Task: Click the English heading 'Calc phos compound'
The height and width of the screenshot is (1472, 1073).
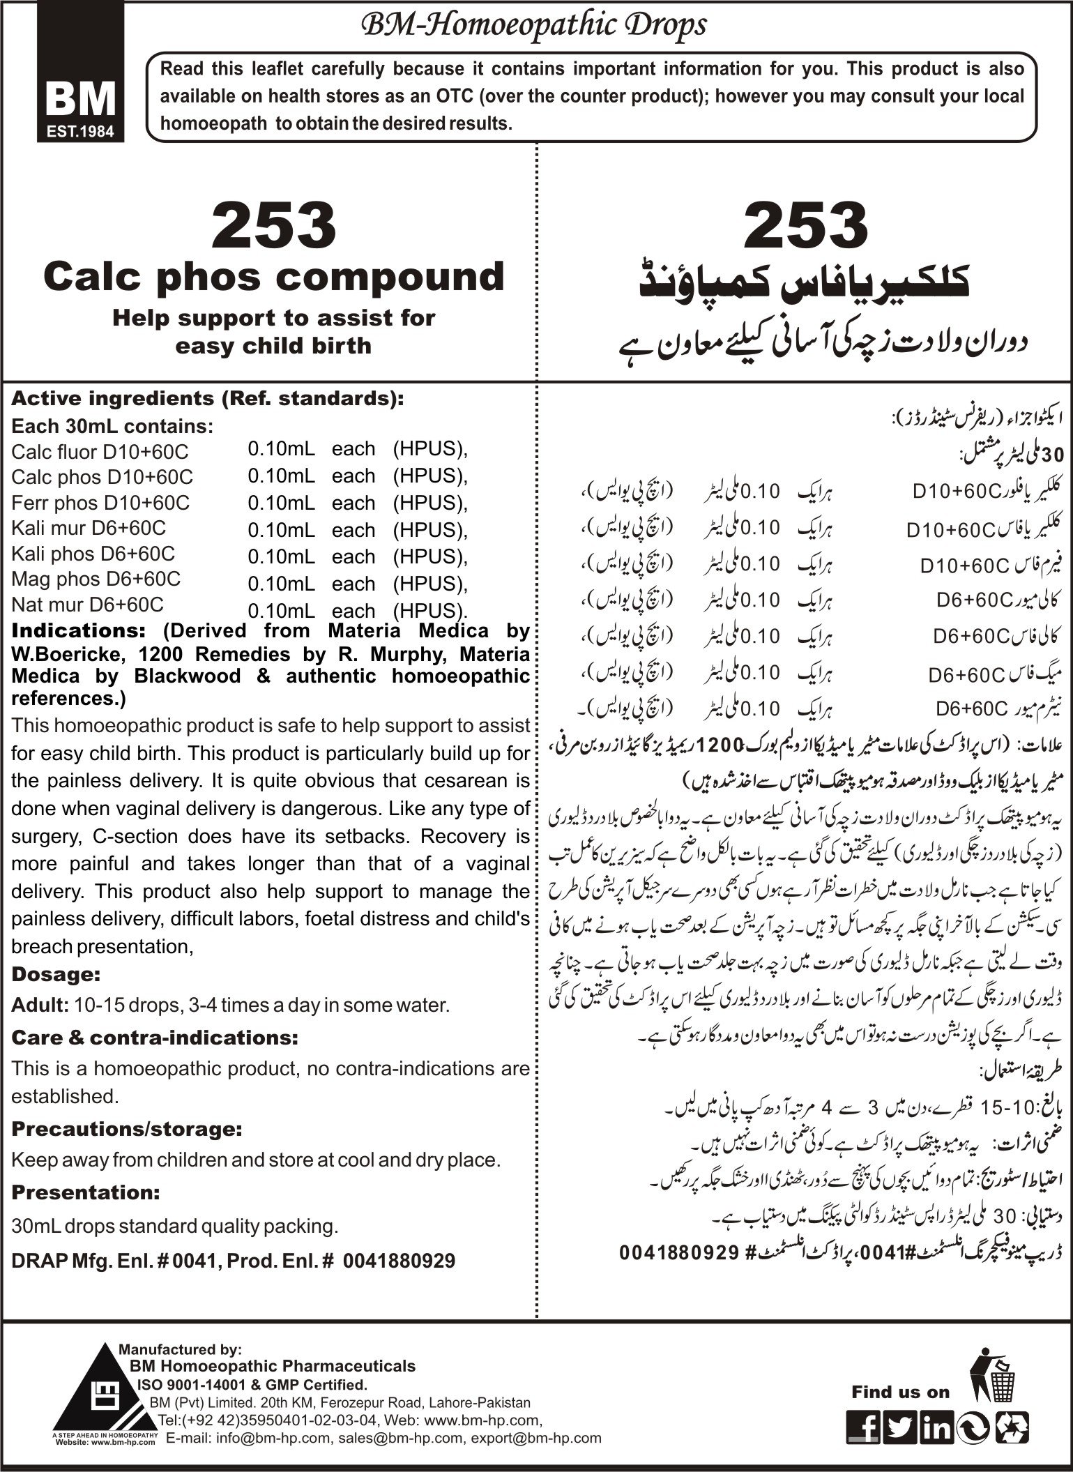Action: (273, 276)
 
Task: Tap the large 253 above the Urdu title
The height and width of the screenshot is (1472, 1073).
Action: (805, 225)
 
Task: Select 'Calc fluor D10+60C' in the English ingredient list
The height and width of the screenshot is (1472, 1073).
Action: (100, 451)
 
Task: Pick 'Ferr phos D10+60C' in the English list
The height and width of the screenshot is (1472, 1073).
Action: (100, 502)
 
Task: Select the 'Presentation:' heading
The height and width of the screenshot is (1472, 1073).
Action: (86, 1192)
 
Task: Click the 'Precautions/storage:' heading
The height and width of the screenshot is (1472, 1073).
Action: (127, 1128)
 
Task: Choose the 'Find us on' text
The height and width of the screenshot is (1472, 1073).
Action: (900, 1372)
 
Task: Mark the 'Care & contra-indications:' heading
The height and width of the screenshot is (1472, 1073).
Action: (155, 1037)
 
